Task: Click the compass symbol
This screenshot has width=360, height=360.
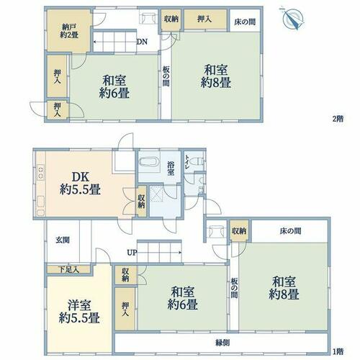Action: [x=293, y=19]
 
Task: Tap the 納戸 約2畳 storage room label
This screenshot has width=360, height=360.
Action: [x=69, y=31]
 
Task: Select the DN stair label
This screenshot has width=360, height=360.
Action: [x=142, y=42]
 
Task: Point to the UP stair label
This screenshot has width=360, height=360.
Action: [x=132, y=253]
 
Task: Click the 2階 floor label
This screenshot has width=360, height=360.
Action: [x=338, y=119]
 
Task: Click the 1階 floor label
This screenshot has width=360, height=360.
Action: [x=338, y=352]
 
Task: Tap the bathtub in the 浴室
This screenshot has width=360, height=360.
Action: [x=149, y=161]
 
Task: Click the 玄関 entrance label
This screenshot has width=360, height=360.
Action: [x=63, y=240]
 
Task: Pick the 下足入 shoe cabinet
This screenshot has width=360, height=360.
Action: [x=68, y=269]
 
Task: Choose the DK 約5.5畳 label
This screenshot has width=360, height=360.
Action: [x=81, y=184]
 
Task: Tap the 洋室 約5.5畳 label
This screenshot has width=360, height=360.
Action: [x=79, y=312]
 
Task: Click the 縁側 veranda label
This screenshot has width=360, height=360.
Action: [x=222, y=343]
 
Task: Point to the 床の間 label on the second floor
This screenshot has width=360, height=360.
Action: [x=245, y=22]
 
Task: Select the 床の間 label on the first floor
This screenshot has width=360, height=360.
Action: [x=290, y=231]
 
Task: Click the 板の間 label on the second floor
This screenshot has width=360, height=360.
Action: [x=166, y=76]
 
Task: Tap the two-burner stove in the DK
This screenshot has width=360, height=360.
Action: [x=40, y=172]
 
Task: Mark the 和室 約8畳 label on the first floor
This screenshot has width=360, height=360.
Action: [x=284, y=288]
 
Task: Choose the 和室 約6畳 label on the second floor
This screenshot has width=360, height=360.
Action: [x=114, y=86]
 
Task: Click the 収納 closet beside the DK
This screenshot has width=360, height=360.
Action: [x=141, y=201]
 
